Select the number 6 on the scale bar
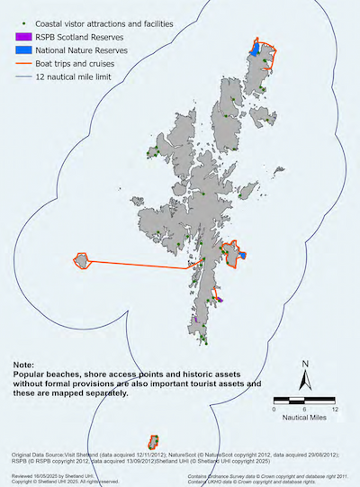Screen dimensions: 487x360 (x=304, y=409)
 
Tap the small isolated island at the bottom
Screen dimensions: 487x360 (x=154, y=441)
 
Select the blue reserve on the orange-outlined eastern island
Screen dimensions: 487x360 (x=243, y=256)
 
